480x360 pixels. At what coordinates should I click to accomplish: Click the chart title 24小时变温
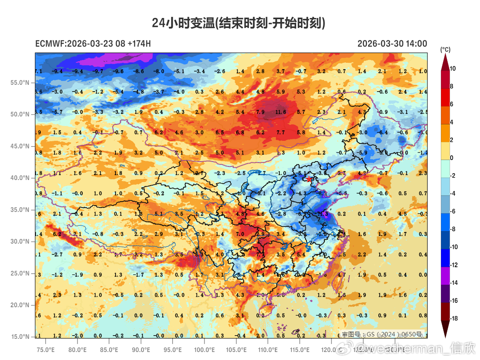point(239,24)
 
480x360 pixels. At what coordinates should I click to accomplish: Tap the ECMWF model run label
point(93,44)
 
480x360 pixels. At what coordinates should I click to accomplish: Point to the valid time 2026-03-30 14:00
point(392,44)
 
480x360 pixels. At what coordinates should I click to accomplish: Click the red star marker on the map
point(309,179)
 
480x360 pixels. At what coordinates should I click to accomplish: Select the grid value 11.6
point(281,112)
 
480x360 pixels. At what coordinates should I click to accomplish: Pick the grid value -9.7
point(98,71)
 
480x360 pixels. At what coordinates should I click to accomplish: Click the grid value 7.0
point(240,234)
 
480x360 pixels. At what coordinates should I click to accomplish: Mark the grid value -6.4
point(383,132)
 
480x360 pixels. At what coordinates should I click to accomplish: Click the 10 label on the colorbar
point(452,69)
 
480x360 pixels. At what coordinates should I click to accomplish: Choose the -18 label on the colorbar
point(454,318)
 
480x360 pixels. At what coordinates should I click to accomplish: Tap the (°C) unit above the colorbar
point(445,50)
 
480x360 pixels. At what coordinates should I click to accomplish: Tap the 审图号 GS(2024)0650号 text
point(381,334)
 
